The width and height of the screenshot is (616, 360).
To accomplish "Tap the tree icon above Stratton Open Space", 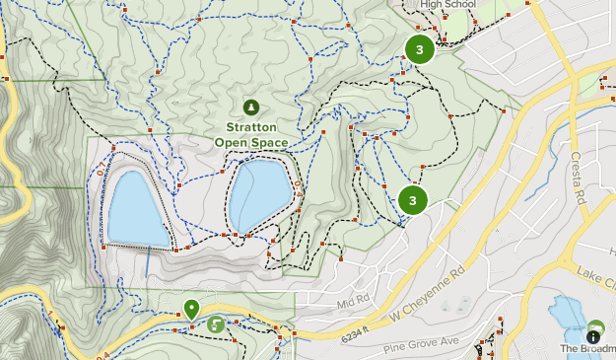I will (250, 107).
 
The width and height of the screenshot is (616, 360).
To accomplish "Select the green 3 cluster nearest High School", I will (420, 49).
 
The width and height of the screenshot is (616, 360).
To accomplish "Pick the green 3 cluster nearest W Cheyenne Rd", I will (413, 200).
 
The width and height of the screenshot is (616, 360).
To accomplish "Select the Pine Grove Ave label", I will (424, 341).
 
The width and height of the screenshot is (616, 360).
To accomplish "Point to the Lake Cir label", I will (595, 271).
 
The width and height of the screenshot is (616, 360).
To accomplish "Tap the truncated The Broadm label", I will (587, 348).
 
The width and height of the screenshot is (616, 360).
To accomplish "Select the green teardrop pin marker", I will (192, 309).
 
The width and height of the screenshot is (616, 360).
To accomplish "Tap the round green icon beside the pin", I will (215, 324).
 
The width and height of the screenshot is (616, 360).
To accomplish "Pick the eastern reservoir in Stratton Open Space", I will (259, 194).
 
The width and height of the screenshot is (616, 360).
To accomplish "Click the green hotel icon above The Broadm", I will (595, 327).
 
